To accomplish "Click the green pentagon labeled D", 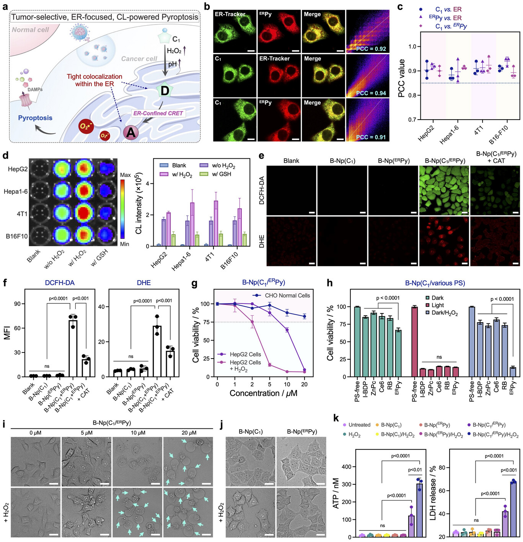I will (165, 91).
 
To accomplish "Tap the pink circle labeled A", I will (131, 133).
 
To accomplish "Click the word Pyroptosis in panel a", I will (35, 118).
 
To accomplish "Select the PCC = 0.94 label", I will (371, 93).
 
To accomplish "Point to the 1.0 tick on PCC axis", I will (412, 47).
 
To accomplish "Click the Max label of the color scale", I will (125, 175).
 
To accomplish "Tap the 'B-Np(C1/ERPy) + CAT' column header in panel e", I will (496, 157).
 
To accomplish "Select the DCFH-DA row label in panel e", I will (262, 190).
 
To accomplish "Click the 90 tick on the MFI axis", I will (18, 304).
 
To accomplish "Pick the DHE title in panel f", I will (144, 283).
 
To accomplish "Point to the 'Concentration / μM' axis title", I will (263, 393).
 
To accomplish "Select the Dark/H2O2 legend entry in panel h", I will (445, 313).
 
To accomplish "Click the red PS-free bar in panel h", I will (414, 342).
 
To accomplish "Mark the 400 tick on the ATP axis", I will (346, 467).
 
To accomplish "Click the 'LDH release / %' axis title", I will (433, 493).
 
